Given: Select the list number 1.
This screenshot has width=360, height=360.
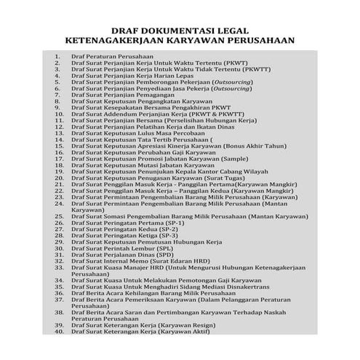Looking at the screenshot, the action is click(x=57, y=56).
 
